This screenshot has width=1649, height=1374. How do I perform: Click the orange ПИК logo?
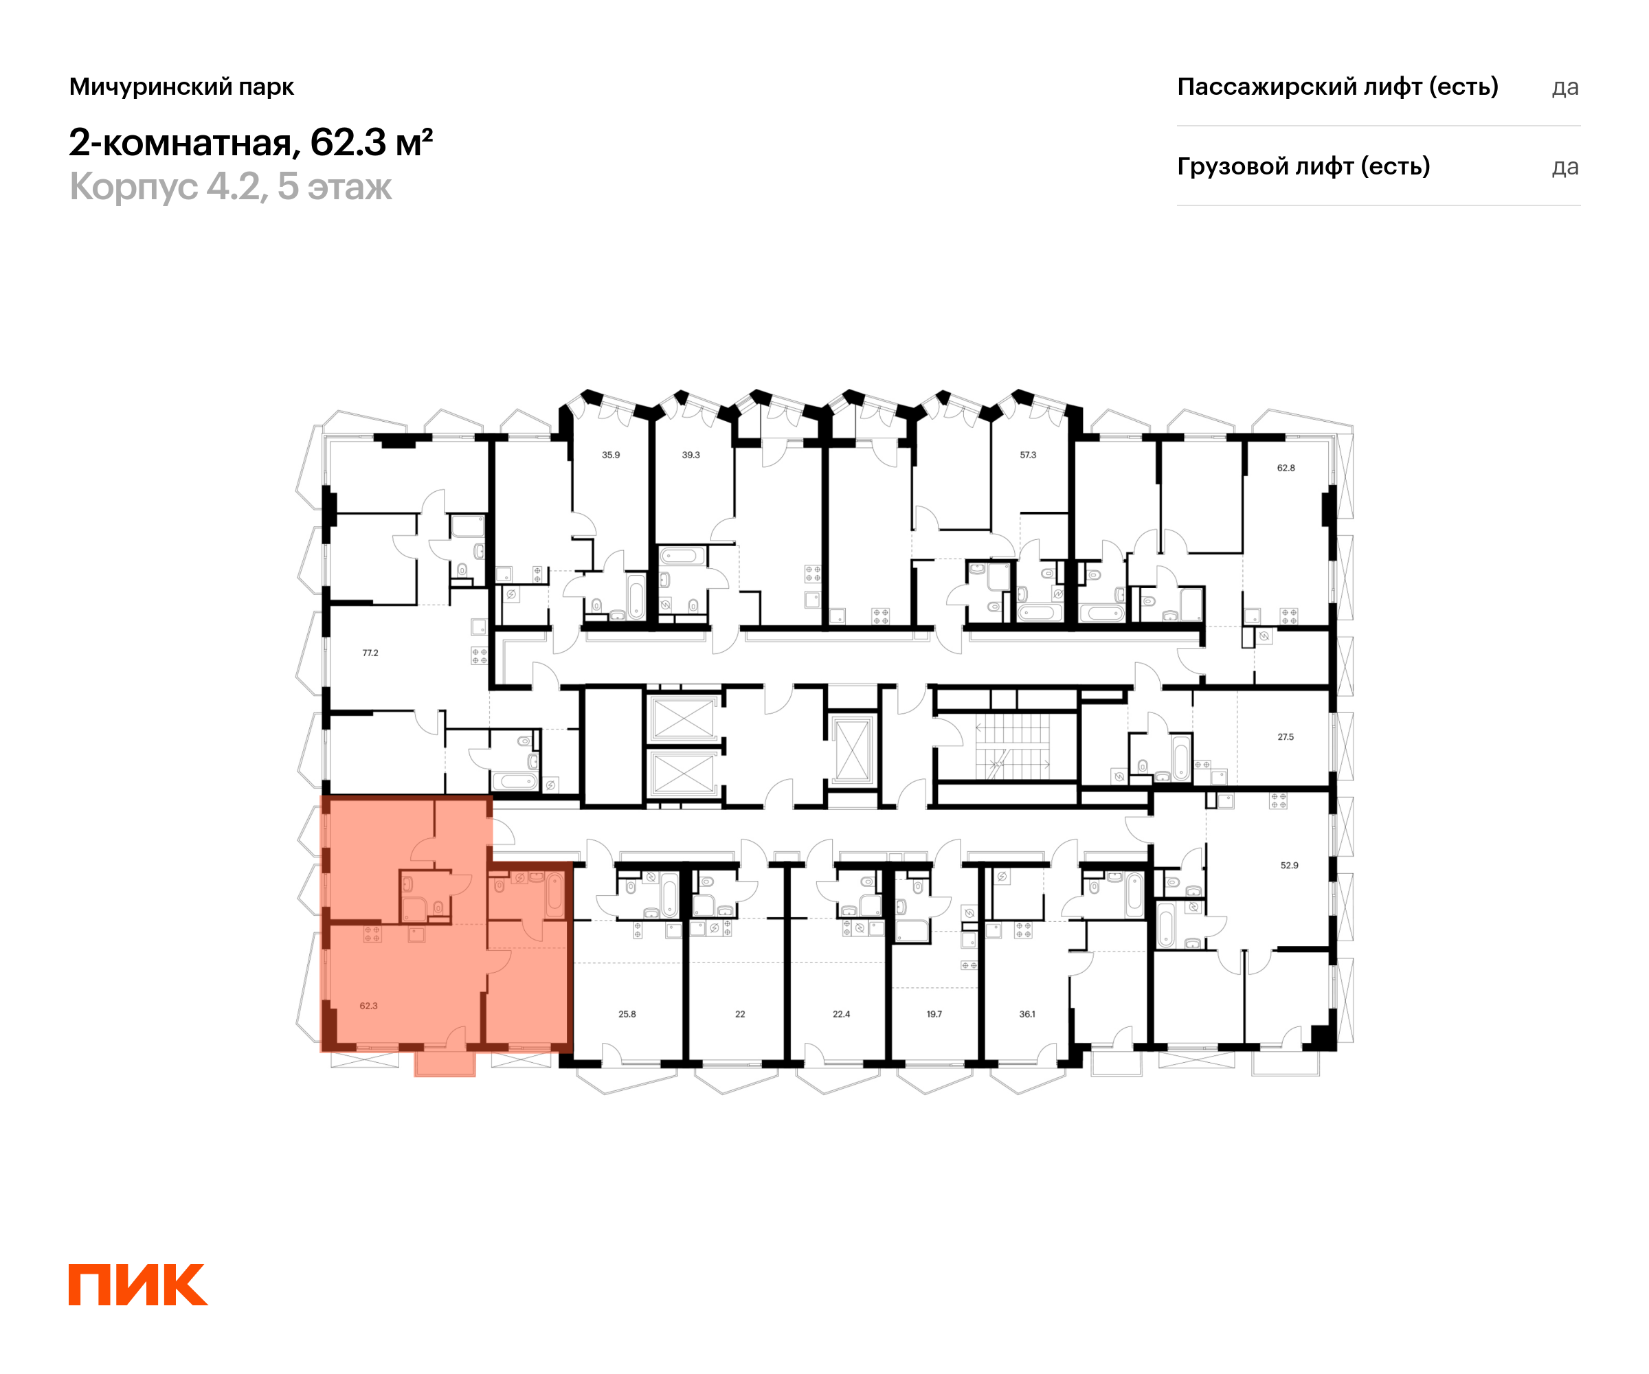coord(137,1285)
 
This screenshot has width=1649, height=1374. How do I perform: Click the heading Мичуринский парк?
coord(181,87)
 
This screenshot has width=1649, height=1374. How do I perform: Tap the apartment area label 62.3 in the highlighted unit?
coord(368,1006)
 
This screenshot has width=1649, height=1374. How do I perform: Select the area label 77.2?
coord(370,653)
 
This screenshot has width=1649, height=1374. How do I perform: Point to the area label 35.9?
coord(611,455)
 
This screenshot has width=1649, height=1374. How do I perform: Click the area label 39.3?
coord(691,455)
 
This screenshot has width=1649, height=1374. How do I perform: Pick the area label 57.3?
coord(1028,455)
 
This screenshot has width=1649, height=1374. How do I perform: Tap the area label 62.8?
coord(1286,468)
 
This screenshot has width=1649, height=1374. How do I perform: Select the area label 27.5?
coord(1286,736)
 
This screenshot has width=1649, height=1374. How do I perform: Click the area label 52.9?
coord(1290,865)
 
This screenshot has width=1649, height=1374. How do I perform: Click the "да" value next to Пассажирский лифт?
coord(1565,87)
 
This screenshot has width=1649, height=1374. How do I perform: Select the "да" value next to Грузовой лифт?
coord(1565,167)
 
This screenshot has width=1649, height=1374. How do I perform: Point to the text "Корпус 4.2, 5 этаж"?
coord(230,187)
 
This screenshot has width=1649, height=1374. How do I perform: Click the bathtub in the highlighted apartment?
coord(555,895)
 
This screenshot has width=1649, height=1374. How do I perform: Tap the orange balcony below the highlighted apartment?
coord(445,1064)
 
